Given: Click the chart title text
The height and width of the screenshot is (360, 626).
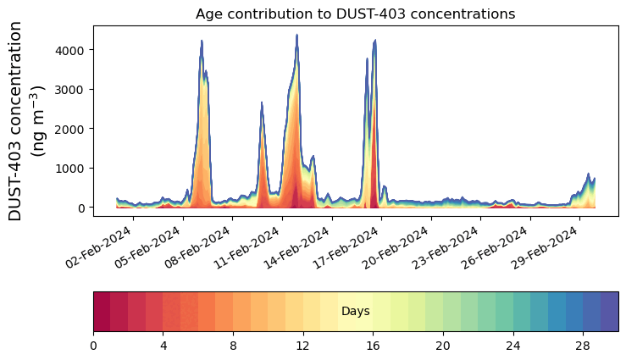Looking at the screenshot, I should (x=355, y=14).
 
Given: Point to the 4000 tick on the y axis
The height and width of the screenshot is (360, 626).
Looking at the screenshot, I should (x=72, y=50).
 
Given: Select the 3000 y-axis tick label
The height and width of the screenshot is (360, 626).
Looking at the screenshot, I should (x=72, y=90).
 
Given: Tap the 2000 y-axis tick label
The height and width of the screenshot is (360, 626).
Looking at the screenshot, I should (x=72, y=129).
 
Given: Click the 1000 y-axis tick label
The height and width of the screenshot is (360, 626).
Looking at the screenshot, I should (x=72, y=169).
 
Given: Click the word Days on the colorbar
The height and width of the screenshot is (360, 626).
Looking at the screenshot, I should (x=355, y=312).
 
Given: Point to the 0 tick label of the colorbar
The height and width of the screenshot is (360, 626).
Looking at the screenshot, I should (x=93, y=346).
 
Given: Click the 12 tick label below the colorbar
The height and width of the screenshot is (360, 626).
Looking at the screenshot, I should (x=303, y=346).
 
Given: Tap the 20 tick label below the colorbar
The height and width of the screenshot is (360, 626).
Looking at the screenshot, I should (x=443, y=346).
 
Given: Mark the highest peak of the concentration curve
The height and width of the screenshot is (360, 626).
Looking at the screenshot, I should (x=296, y=36).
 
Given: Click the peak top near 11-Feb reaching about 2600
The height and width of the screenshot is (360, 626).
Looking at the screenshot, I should (x=262, y=102).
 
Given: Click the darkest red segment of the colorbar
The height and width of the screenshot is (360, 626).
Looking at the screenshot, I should (x=102, y=312).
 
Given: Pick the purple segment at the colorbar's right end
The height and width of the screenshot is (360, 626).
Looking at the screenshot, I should (x=609, y=312).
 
